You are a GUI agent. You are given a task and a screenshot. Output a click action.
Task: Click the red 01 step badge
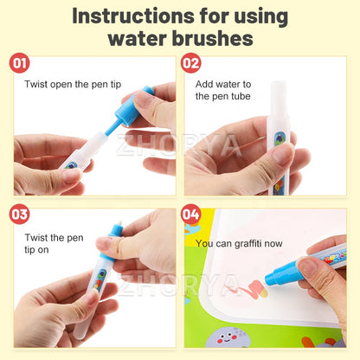(20, 64)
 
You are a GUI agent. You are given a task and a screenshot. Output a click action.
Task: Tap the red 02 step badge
(191, 64)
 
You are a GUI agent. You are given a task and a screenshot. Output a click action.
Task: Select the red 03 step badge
(20, 214)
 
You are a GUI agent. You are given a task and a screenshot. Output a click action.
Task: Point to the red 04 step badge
(191, 214)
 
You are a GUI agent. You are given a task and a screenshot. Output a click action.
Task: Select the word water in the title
(138, 39)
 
